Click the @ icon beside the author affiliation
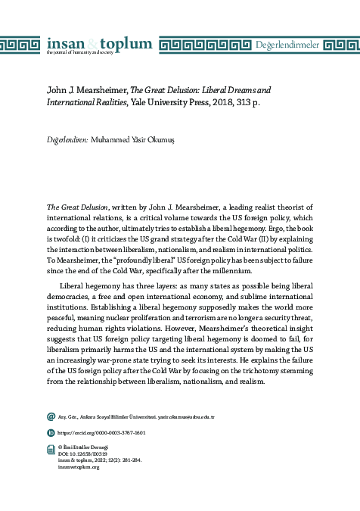(x=51, y=416)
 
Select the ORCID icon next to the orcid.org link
(x=51, y=432)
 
